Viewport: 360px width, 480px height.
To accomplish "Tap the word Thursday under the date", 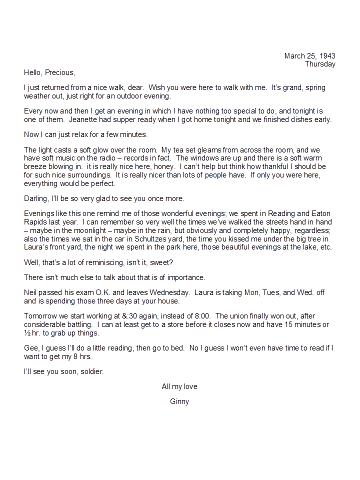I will point(320,64).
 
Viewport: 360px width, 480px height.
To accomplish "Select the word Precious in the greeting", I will point(59,72).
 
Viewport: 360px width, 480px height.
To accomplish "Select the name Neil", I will point(31,292).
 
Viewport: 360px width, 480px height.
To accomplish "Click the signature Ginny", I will point(179,401).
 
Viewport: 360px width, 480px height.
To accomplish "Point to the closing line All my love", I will point(179,386).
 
